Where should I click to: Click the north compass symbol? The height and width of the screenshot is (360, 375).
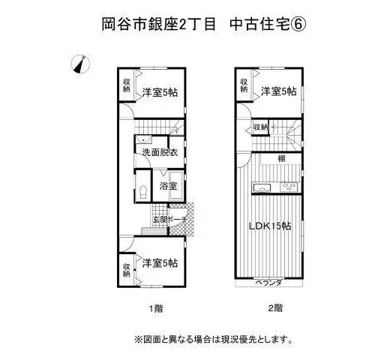pyautogui.click(x=80, y=64)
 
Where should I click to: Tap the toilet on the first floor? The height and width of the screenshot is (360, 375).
pyautogui.click(x=143, y=192)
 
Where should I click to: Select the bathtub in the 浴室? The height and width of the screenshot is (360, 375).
pyautogui.click(x=176, y=186)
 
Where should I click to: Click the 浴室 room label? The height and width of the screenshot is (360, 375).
pyautogui.click(x=168, y=186)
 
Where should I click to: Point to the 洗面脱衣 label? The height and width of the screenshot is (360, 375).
pyautogui.click(x=160, y=152)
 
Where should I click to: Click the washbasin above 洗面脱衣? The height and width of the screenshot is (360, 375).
pyautogui.click(x=143, y=139)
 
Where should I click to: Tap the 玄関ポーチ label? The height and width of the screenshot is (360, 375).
pyautogui.click(x=170, y=220)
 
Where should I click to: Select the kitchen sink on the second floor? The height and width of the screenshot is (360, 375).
pyautogui.click(x=262, y=187)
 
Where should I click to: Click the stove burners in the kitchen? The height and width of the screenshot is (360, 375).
pyautogui.click(x=289, y=187)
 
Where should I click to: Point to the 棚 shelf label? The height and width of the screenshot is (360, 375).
pyautogui.click(x=282, y=158)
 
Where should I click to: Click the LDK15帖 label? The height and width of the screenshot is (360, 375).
pyautogui.click(x=270, y=226)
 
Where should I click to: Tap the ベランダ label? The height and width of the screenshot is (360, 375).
pyautogui.click(x=268, y=283)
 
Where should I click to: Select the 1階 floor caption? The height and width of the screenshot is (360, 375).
pyautogui.click(x=157, y=308)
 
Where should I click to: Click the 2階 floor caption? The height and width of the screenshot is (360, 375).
pyautogui.click(x=275, y=308)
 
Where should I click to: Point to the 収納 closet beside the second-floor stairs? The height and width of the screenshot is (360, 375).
pyautogui.click(x=260, y=127)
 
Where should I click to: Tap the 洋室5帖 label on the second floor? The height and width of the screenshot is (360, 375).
pyautogui.click(x=279, y=91)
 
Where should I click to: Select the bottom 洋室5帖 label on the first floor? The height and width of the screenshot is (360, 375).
pyautogui.click(x=160, y=263)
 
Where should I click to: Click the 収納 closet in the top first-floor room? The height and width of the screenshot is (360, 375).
pyautogui.click(x=127, y=85)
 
